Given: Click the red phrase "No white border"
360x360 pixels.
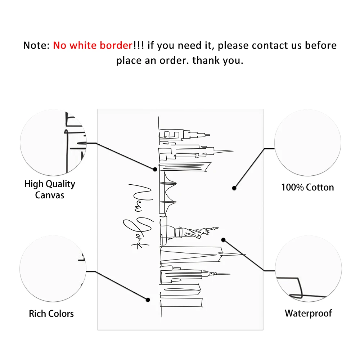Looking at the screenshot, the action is coord(93,45).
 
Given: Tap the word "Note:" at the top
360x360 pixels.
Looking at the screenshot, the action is coord(36,45).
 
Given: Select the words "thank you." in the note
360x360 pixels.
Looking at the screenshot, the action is coord(218,60).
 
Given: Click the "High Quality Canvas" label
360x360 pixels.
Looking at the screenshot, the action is coord(50,189).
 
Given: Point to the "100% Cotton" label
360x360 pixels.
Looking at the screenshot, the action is coord(307,187).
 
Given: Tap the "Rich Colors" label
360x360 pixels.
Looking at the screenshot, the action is coord(51,314).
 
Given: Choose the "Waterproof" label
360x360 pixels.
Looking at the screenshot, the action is coord(309,313).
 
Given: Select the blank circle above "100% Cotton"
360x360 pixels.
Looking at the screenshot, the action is coord(307,143).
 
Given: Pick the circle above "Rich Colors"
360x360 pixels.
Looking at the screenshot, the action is coord(53,269).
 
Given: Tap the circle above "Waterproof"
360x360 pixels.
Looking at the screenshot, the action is coord(308,269).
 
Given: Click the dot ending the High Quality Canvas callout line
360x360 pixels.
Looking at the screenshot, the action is coord(155,169).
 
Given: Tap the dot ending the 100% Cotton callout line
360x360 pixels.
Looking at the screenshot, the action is coord(234,188).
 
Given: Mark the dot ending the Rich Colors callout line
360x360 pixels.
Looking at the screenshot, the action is coord(148,300).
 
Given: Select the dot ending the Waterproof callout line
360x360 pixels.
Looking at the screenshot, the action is coord(223,240).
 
